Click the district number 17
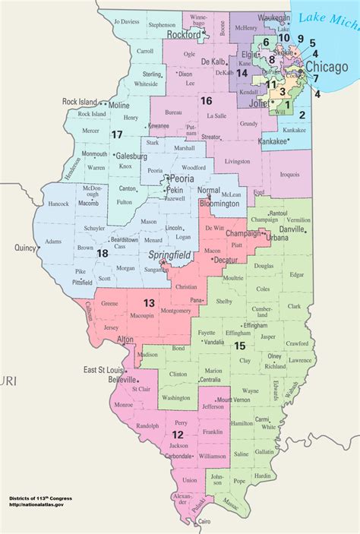click(x=116, y=134)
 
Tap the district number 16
click(x=206, y=100)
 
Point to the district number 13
click(x=150, y=303)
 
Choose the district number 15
click(x=240, y=346)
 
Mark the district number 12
click(x=177, y=434)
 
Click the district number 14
click(x=242, y=73)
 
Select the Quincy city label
click(x=25, y=248)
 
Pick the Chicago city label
click(x=327, y=68)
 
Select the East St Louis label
click(x=103, y=368)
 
